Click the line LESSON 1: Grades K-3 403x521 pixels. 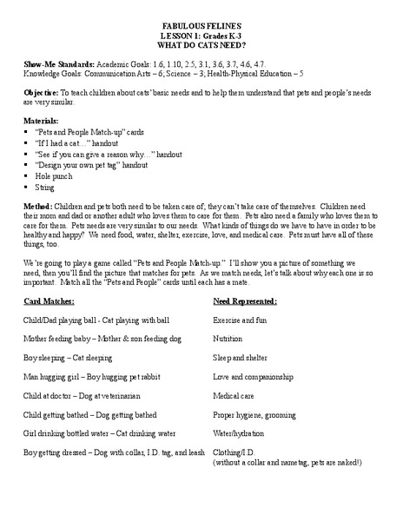tap(201, 36)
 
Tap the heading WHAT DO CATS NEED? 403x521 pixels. tap(201, 44)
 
